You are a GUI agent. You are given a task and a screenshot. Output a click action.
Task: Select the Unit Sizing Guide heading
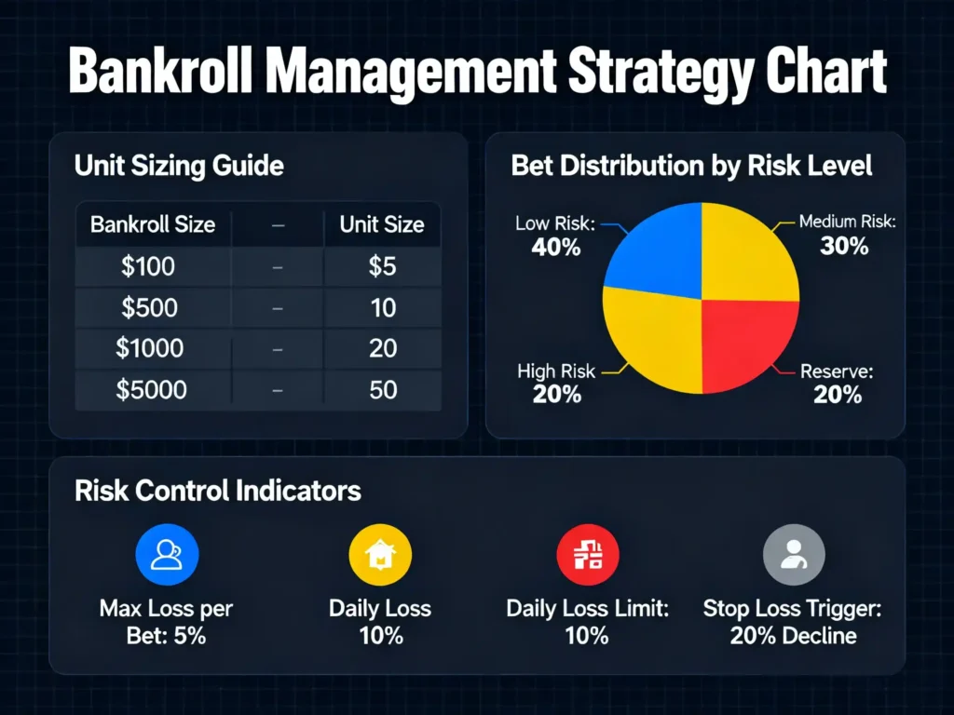tap(179, 167)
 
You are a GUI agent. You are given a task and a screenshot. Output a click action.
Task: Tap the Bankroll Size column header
tap(153, 224)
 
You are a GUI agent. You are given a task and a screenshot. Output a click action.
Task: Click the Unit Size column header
tap(382, 224)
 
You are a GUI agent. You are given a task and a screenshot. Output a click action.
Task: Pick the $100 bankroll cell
tap(148, 266)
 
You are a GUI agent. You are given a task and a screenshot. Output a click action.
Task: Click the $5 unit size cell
tap(382, 266)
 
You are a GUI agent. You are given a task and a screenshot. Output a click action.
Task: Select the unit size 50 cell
tap(383, 389)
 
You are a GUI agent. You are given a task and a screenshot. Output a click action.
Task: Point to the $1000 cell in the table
tap(150, 348)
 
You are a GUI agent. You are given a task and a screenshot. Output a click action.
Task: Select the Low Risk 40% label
tap(557, 236)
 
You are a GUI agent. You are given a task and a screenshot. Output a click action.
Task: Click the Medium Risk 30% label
tap(844, 235)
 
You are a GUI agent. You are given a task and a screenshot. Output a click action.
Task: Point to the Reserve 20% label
tap(837, 384)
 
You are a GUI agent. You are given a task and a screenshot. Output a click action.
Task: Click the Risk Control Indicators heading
tap(218, 490)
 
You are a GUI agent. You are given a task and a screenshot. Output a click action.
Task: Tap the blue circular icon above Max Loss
tap(166, 555)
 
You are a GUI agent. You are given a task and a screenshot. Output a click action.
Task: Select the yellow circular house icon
tap(379, 555)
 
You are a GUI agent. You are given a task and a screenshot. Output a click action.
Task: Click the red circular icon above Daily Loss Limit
tap(587, 555)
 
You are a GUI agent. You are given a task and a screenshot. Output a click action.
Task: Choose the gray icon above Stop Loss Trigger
tap(794, 555)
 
